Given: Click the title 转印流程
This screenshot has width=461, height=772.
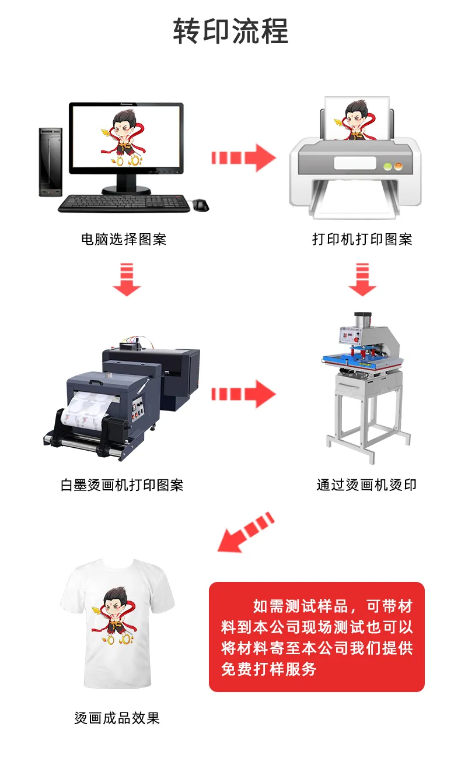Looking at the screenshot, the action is point(230,31).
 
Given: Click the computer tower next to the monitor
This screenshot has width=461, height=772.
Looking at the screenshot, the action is point(51,162).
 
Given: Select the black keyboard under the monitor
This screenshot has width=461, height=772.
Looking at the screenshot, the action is point(124,203).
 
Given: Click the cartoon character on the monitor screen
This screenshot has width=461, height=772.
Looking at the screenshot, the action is point(124,138).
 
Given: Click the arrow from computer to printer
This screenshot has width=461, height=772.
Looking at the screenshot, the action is point(243,158).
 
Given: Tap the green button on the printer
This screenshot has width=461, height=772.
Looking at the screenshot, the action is point(387,167).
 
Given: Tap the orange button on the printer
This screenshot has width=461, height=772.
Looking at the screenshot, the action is point(398,167).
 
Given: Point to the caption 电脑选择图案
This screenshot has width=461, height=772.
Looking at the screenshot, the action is point(124,239).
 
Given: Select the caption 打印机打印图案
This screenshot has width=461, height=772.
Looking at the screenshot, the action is point(362,239).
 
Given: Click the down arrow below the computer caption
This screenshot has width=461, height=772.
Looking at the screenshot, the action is point(127,279).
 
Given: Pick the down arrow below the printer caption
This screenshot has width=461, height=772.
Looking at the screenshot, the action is point(362,279).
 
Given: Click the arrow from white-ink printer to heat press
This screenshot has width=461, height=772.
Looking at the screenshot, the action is point(243,394).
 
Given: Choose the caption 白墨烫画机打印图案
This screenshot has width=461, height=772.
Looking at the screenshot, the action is point(122,485).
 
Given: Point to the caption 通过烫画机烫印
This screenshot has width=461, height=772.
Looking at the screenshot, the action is point(366,485).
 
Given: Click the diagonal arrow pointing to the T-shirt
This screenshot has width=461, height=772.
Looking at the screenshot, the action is point(246,533).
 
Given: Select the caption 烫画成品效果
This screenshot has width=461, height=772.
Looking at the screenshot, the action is point(117,718).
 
